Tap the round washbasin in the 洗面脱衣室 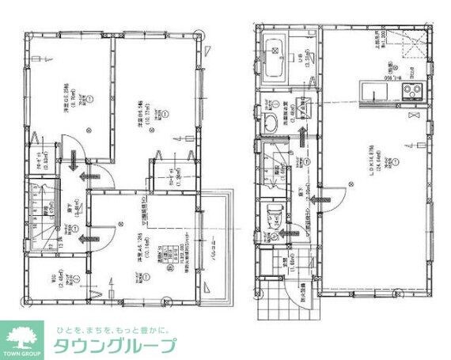(269, 122)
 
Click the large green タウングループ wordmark (115, 346)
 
